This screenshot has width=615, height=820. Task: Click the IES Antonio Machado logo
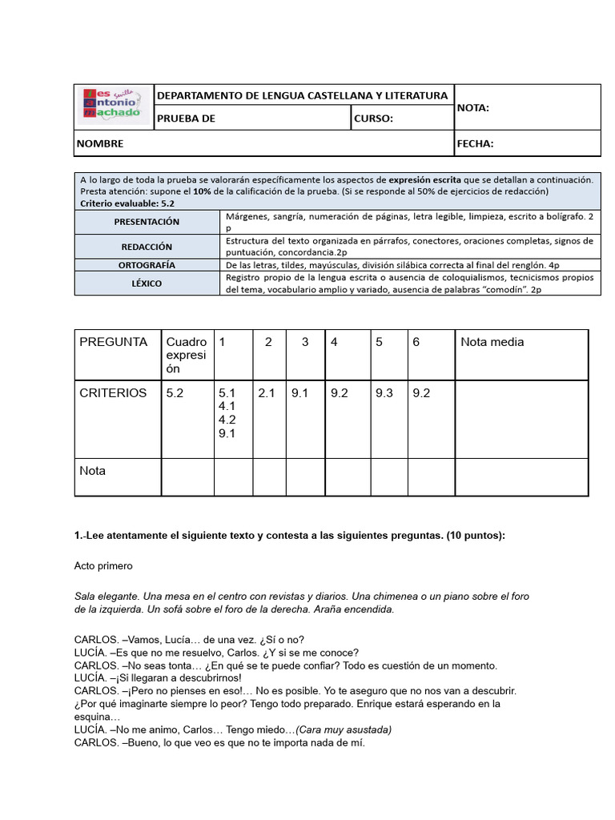pos(113,104)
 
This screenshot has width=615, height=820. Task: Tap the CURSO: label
pos(373,119)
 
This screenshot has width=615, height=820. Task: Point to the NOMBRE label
pos(100,144)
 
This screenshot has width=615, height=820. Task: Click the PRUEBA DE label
pos(186,119)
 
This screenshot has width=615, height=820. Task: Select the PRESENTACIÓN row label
pos(147,222)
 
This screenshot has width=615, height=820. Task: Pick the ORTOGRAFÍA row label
pos(147,265)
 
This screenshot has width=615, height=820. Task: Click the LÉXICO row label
pos(147,283)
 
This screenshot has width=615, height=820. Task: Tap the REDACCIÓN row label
pos(147,247)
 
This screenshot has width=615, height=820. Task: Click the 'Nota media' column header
pos(492,342)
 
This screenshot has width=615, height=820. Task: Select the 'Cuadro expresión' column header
pos(186,355)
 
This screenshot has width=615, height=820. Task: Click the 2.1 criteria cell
pos(267,393)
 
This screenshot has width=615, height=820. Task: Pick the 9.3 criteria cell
pos(384,393)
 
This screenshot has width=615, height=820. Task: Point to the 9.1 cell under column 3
pos(300,393)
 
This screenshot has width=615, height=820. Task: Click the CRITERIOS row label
pos(113,393)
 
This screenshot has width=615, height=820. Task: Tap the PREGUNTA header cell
pos(114,342)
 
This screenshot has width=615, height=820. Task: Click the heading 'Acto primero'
pos(103,566)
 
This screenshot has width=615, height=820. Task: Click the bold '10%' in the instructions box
pos(202,191)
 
